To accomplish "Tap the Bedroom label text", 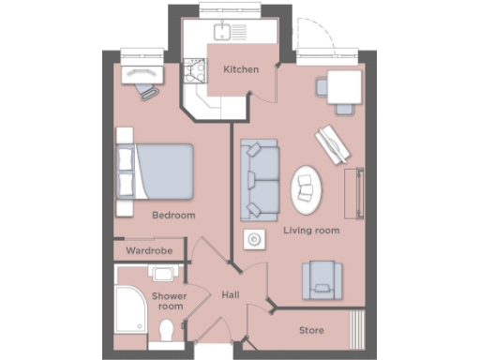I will [x=173, y=216].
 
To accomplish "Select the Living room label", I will [x=311, y=230].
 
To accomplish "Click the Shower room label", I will [x=171, y=301].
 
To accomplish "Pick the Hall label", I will [x=230, y=295].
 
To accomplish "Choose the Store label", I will [x=311, y=331].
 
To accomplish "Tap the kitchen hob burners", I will [x=197, y=70].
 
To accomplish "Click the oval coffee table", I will [x=306, y=187].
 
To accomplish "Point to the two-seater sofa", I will [x=259, y=178].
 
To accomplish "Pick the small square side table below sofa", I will [x=253, y=240].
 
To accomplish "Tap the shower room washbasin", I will [x=163, y=275].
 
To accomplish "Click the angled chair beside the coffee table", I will [x=332, y=142].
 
